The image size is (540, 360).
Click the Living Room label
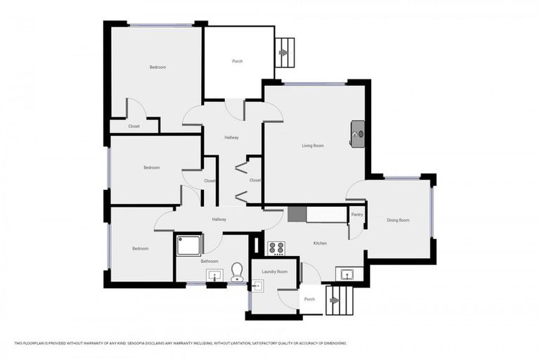point(313,146)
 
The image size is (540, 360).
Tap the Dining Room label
point(397,220)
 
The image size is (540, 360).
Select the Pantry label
point(357,214)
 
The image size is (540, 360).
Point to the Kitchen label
point(320,243)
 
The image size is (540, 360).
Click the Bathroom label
point(210,261)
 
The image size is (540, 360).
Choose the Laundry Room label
point(274,271)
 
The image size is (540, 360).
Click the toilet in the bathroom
point(237,271)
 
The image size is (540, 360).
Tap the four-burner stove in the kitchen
point(276,248)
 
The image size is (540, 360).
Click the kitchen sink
point(347,274)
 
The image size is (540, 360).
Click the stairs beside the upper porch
point(285,52)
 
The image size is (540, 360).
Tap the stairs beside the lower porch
point(338,300)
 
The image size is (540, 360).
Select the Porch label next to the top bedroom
point(238,61)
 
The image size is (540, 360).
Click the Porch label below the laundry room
point(309,299)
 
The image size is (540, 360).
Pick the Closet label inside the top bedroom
point(134,127)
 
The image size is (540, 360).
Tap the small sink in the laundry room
point(257,286)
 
